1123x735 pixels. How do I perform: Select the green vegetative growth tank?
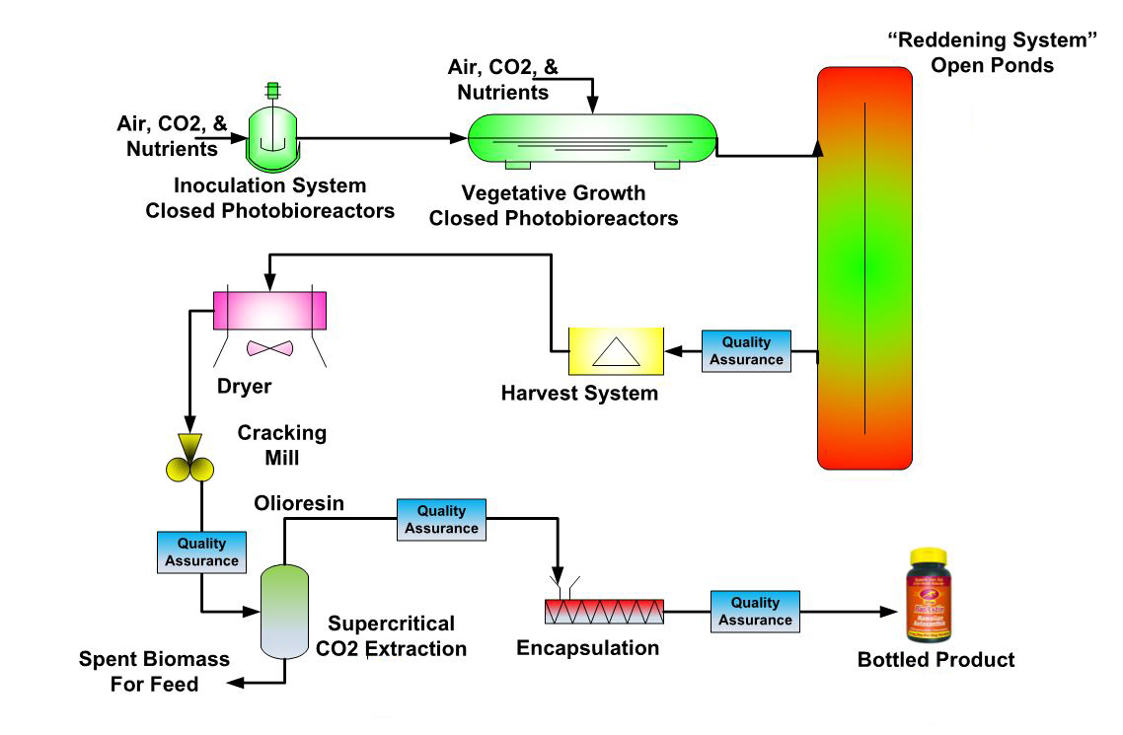592,138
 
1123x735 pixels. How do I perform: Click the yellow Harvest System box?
616,350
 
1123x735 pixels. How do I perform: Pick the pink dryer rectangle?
269,310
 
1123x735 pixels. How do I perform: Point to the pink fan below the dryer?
269,348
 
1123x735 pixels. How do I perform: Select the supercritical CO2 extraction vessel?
284,612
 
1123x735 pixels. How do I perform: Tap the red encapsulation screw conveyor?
604,613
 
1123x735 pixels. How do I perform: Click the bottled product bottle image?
935,594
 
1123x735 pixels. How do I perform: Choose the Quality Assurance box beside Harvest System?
746,351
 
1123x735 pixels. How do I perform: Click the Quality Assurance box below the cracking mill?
201,551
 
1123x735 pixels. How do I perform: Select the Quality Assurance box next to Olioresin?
441,520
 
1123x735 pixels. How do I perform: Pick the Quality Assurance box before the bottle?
755,611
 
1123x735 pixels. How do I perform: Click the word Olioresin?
300,504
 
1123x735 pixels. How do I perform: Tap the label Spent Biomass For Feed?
154,671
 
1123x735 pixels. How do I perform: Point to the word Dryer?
244,387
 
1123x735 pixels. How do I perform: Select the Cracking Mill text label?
281,445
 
